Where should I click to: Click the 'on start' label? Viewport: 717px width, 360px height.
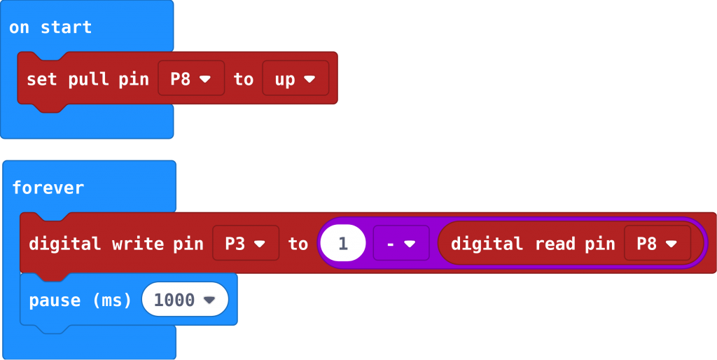[50, 28]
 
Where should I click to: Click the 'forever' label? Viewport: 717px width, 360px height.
[48, 188]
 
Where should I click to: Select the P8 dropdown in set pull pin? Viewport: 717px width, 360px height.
[191, 78]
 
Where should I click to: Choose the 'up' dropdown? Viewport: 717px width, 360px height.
[295, 78]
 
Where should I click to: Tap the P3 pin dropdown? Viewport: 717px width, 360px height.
[245, 244]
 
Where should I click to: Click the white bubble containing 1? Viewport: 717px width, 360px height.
[343, 244]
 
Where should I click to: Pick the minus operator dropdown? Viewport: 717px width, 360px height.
[401, 244]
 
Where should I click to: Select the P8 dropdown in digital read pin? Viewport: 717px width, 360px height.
[657, 244]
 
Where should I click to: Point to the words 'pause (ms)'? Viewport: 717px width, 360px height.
[80, 300]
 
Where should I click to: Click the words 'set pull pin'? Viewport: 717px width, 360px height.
[88, 79]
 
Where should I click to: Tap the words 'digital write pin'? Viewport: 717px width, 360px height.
[116, 244]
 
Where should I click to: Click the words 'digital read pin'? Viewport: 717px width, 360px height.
[532, 244]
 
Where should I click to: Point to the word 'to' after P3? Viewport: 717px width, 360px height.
[298, 244]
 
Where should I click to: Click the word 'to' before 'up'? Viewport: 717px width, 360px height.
[243, 79]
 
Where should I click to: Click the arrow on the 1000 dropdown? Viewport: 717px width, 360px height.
[209, 300]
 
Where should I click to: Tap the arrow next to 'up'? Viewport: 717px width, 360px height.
[309, 79]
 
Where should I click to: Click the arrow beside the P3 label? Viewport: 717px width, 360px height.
[260, 244]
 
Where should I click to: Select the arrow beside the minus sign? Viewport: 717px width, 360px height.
[410, 244]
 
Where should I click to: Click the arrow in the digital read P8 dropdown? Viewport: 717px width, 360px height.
[671, 244]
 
